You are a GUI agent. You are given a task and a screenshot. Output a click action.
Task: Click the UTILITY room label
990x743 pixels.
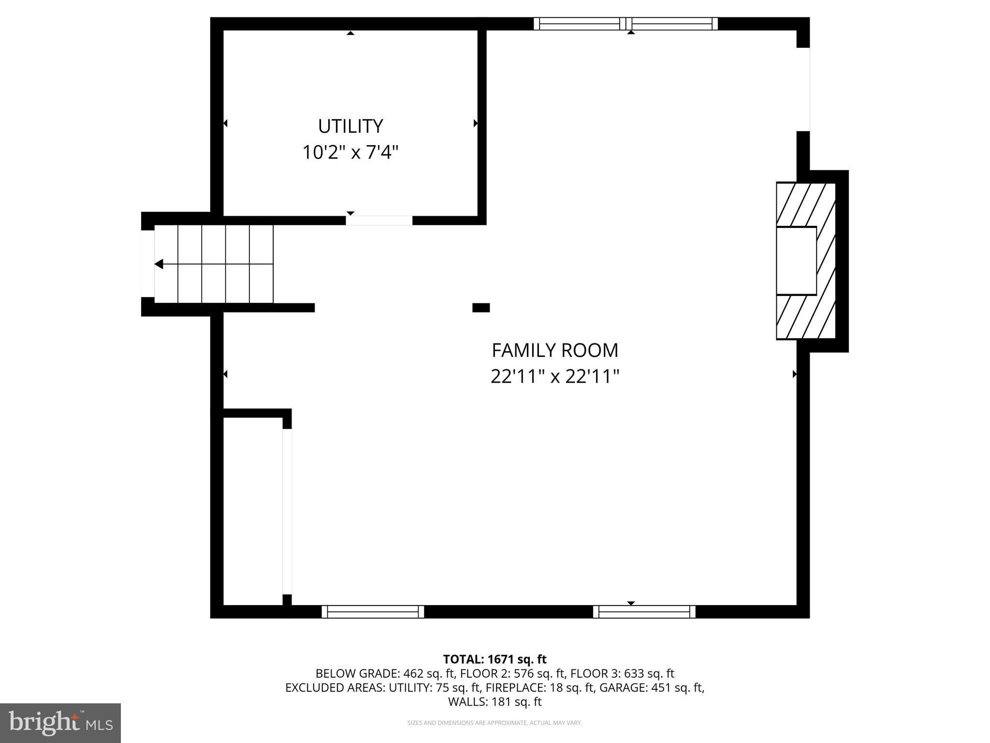(350, 126)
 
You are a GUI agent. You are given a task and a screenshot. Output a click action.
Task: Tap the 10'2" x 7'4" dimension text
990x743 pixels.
(350, 152)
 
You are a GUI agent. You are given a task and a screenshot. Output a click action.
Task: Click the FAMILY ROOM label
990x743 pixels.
(555, 350)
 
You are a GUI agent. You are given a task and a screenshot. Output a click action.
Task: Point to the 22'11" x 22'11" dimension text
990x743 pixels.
(555, 376)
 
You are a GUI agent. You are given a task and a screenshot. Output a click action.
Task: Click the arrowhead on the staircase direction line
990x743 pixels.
(159, 264)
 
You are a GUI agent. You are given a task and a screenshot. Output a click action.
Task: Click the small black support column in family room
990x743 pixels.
(481, 308)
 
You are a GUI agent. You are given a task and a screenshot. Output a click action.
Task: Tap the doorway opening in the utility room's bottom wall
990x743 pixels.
(379, 221)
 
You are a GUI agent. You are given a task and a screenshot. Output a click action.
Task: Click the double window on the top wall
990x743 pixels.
(626, 24)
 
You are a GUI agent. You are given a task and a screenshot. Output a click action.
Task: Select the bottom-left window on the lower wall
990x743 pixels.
(373, 612)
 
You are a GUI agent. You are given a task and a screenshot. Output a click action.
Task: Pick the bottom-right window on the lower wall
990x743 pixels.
(644, 612)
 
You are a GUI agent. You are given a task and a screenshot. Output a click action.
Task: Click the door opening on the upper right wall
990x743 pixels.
(803, 89)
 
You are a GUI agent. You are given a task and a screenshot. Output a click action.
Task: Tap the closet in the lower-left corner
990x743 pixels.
(252, 510)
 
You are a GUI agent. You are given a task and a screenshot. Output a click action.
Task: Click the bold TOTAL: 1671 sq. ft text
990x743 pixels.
(495, 659)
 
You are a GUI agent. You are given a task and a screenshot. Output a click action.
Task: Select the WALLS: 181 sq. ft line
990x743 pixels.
(495, 701)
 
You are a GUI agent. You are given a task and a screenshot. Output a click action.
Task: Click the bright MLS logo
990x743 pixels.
(60, 723)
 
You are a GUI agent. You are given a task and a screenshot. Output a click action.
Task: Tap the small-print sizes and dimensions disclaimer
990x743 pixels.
(495, 723)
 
